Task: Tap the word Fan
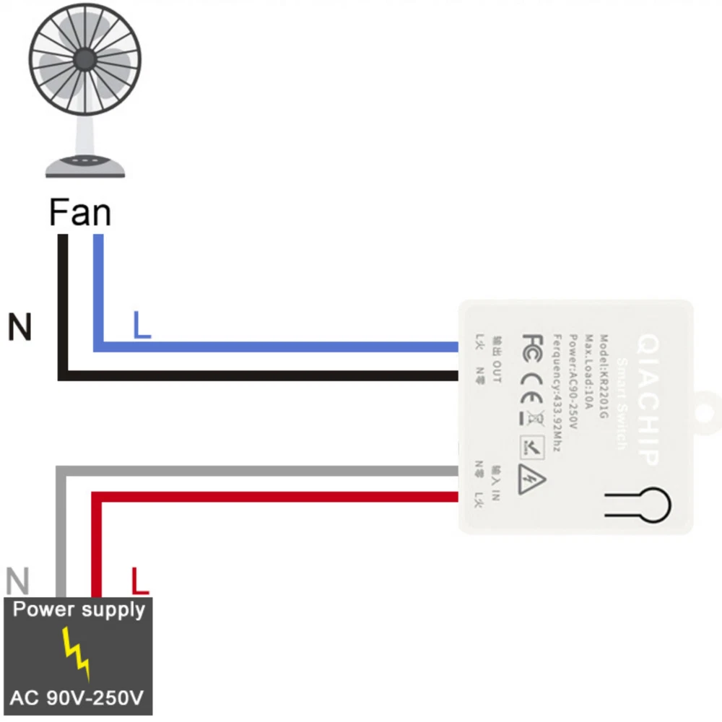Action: point(80,213)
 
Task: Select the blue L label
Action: point(142,326)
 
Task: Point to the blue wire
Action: point(274,347)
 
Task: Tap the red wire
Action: point(274,497)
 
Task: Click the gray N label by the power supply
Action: point(17,580)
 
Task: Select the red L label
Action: point(139,580)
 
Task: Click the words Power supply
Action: point(79,609)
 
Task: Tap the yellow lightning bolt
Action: point(76,653)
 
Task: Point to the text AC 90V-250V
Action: point(77,698)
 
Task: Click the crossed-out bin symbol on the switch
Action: point(534,417)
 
